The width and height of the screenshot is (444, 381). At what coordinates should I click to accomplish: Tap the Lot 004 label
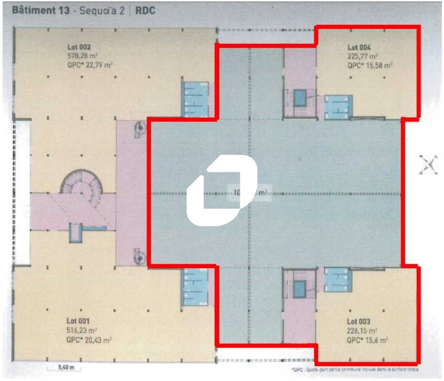tap(359, 47)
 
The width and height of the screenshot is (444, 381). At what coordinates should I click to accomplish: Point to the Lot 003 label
tap(359, 321)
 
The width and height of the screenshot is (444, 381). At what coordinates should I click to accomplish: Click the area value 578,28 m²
tap(83, 56)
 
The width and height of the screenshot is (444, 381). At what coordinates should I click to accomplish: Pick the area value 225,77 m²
tap(363, 56)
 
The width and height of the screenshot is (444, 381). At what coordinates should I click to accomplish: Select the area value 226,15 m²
tap(363, 330)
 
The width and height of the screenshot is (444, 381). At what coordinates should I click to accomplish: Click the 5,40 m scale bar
tap(63, 368)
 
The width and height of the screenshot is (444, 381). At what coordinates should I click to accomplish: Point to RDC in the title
tap(146, 10)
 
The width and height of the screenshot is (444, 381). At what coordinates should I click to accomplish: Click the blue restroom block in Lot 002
tap(195, 99)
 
